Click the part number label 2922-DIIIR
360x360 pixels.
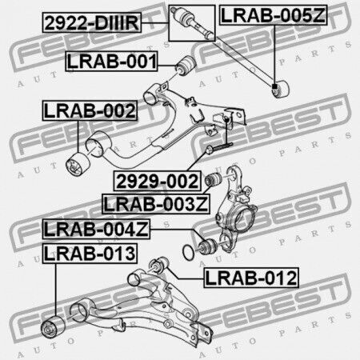[92, 23]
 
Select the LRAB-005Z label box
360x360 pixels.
[273, 15]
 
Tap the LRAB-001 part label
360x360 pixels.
[111, 62]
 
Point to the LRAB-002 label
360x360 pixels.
[90, 110]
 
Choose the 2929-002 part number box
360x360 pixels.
[158, 181]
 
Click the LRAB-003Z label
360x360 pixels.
[156, 204]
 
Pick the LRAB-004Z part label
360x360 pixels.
[96, 229]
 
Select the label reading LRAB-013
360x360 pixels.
[90, 254]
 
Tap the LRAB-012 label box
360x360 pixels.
[251, 278]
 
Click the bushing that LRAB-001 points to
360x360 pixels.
[186, 65]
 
